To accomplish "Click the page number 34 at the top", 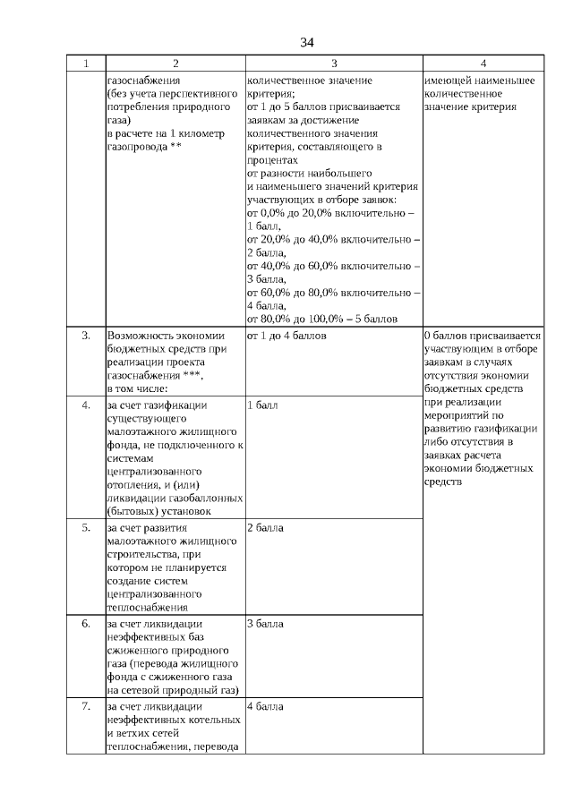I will [307, 42].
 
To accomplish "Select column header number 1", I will [86, 64].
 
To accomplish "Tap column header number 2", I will [175, 64].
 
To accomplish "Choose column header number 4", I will [483, 64].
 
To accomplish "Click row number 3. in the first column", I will [86, 336].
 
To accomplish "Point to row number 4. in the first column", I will [86, 405].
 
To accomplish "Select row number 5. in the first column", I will [86, 527].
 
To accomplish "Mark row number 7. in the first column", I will [86, 706].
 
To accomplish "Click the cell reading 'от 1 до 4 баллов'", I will [286, 336].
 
